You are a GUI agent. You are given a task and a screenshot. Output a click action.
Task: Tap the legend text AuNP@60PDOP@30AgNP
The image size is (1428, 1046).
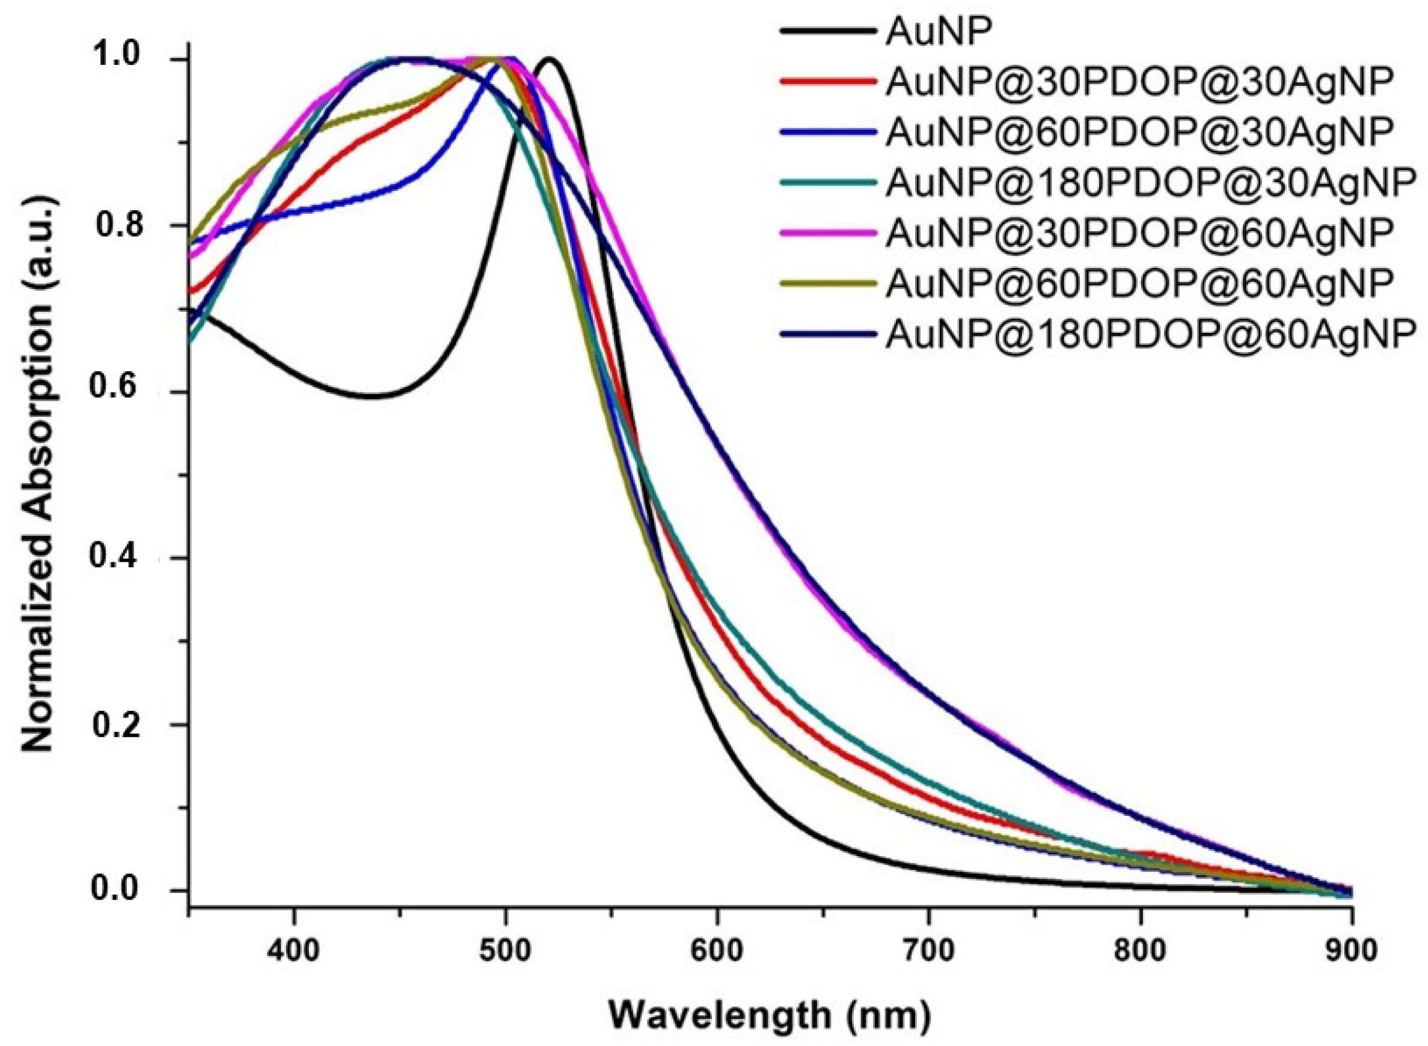1139,132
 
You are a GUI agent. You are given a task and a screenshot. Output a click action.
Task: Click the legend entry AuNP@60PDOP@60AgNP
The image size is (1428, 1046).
1139,283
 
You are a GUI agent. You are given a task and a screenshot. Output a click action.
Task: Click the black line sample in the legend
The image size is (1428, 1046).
827,32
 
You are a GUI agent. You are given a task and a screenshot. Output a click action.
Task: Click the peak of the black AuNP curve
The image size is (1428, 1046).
548,59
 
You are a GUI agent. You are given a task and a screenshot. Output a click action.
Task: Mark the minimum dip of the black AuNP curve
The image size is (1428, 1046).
374,397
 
